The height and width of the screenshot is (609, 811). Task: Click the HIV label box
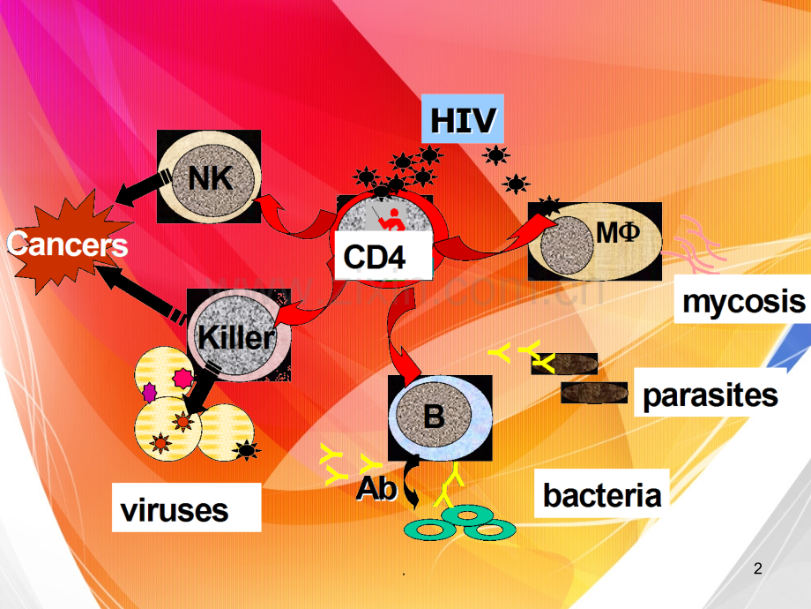[462, 119]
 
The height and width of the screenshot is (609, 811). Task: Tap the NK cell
[209, 177]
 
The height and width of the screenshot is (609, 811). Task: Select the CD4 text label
[374, 257]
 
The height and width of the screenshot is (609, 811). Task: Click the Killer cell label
[236, 336]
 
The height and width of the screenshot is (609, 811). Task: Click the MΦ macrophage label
[616, 233]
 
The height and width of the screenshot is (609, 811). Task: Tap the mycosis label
[744, 301]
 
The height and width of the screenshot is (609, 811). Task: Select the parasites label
[711, 395]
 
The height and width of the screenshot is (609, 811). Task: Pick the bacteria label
[601, 494]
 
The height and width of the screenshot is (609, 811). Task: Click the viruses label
[175, 508]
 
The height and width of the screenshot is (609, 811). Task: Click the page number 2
[758, 570]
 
